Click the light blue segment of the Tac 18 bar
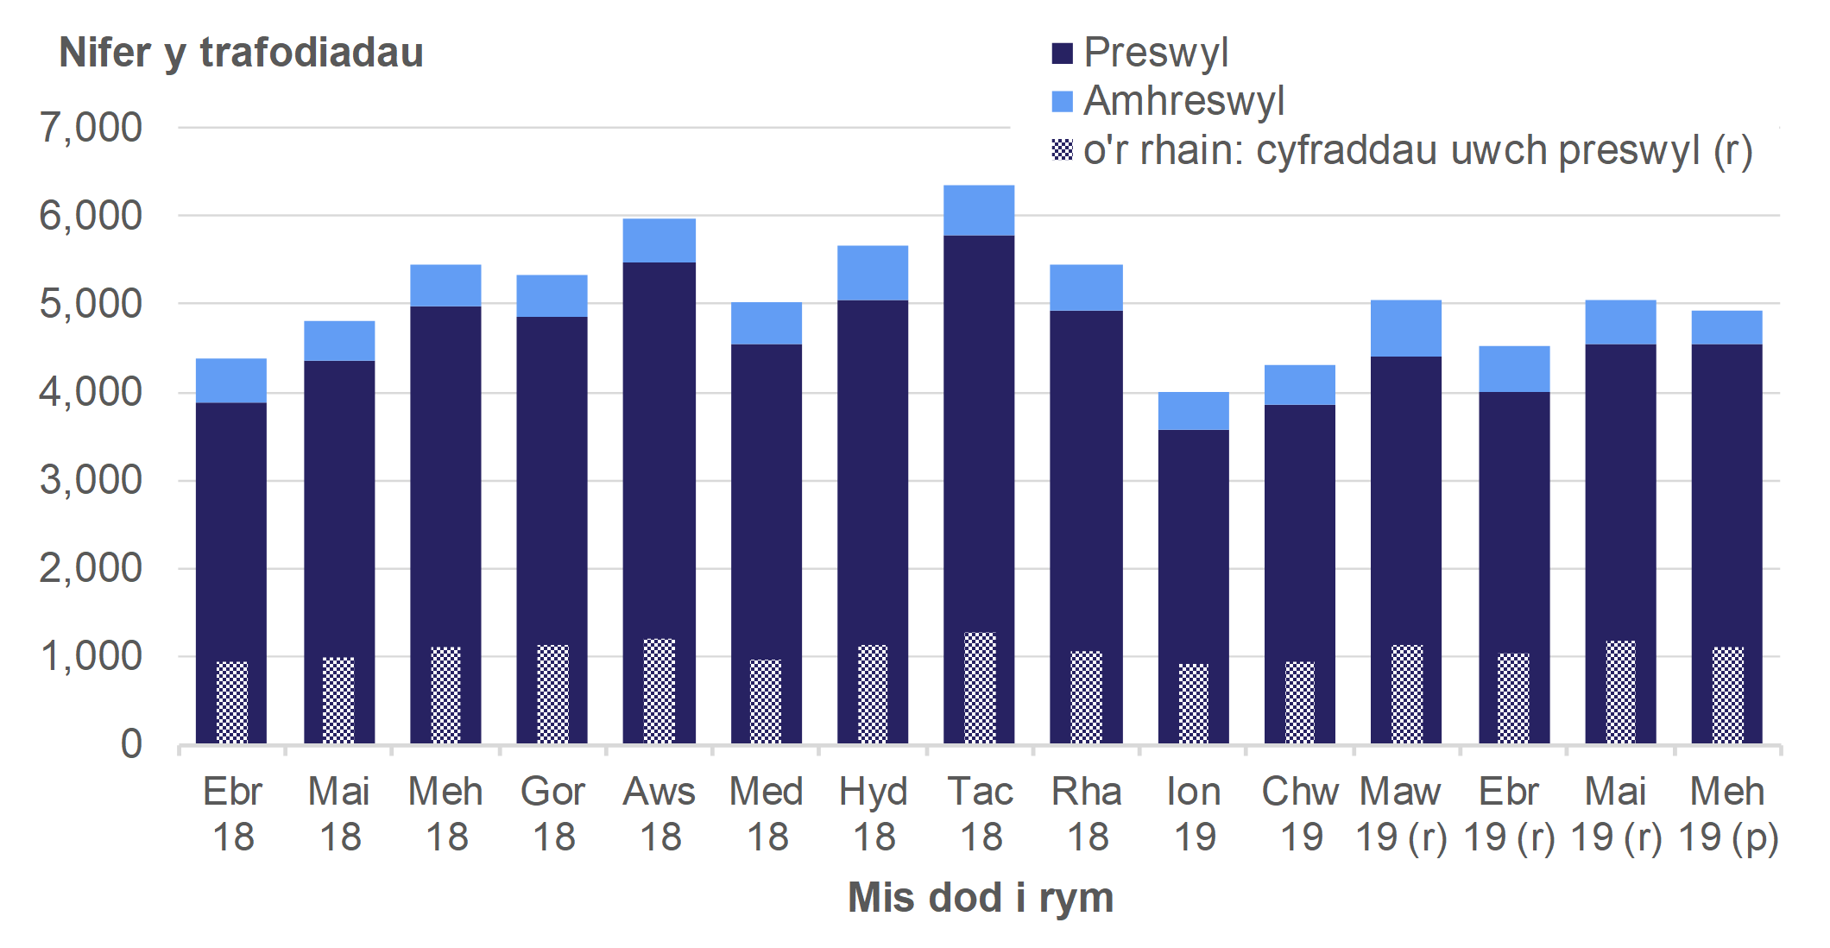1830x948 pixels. [x=979, y=211]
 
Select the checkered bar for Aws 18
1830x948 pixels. [x=659, y=691]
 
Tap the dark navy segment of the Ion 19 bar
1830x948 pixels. [x=1193, y=544]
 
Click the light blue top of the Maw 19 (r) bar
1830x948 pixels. [x=1406, y=328]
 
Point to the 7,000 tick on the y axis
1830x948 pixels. [x=91, y=128]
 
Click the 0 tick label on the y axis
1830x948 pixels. [x=131, y=744]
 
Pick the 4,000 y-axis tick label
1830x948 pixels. [x=91, y=392]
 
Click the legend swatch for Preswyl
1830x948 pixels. [x=1063, y=54]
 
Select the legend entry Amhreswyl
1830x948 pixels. [x=1183, y=101]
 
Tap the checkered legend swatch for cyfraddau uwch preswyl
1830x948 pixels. [x=1063, y=150]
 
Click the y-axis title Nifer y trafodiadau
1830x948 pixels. [x=241, y=53]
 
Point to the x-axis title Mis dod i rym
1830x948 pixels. [x=980, y=897]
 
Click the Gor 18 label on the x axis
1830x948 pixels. [x=552, y=813]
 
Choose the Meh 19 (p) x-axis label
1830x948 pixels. [x=1727, y=813]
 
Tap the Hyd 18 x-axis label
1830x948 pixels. [x=873, y=813]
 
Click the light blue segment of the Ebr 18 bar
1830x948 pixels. [x=231, y=381]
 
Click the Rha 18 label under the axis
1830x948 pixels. [x=1086, y=813]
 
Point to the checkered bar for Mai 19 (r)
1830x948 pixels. [x=1620, y=692]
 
